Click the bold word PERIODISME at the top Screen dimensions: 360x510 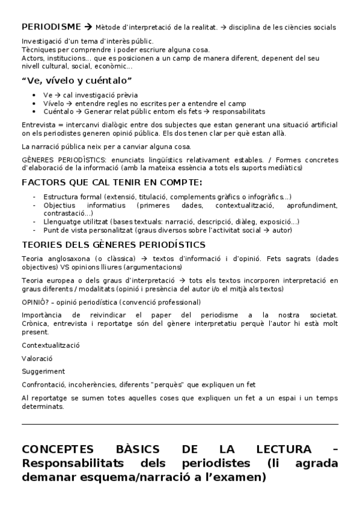coord(51,26)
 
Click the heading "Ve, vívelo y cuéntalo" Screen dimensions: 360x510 coord(77,81)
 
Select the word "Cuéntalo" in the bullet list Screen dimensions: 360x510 coord(59,111)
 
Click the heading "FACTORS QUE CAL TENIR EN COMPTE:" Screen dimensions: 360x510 coord(112,182)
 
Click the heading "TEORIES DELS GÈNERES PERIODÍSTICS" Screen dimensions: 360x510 coord(114,244)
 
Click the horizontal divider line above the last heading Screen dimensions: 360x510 coord(180,424)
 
